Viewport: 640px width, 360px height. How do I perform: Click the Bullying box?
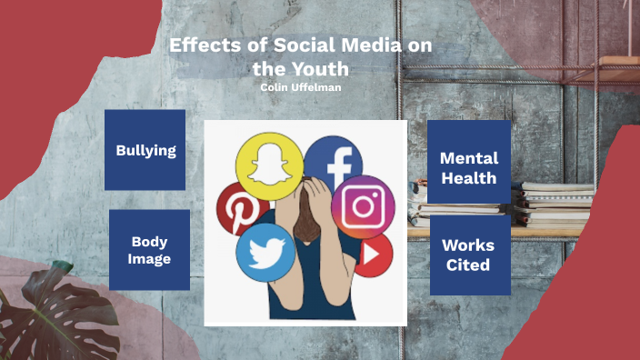point(145,150)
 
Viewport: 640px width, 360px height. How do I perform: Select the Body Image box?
point(150,250)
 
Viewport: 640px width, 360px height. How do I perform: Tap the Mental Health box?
point(469,166)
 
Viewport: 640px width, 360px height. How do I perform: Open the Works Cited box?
point(469,255)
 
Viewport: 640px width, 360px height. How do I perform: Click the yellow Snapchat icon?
point(268,165)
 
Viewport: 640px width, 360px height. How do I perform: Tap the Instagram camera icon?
point(364,206)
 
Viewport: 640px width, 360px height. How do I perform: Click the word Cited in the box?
point(469,265)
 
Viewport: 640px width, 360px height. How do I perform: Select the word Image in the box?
point(150,259)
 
